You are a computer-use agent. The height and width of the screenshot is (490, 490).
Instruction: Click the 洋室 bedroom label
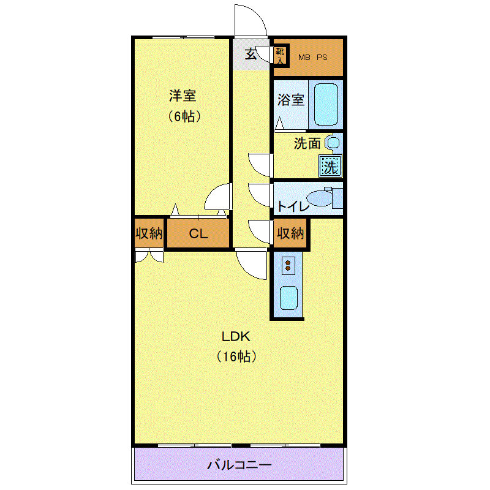coord(183,96)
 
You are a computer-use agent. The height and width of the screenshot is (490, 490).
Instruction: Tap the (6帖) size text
coord(184,116)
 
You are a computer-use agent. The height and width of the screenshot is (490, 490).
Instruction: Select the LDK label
coord(236,336)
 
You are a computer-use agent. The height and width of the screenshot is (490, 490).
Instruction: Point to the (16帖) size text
coord(236,356)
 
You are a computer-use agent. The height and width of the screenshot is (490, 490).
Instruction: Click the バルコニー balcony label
coord(239,465)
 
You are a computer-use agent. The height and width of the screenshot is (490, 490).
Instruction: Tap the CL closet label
coord(198,233)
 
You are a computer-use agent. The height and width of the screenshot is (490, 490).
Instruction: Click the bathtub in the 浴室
coord(326,104)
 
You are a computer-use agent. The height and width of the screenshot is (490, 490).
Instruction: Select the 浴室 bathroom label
coord(290,100)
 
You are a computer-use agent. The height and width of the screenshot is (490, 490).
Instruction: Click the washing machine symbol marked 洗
coord(330,166)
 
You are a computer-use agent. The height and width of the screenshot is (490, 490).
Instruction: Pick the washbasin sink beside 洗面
coord(333,143)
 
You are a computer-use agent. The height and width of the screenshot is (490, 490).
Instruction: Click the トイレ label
coord(293,206)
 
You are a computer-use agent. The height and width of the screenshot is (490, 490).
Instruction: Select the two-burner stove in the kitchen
coord(288,266)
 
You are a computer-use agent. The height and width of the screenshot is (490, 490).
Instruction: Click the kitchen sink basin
coord(288,298)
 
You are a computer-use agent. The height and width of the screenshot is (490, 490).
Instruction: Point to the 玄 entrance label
coord(251,54)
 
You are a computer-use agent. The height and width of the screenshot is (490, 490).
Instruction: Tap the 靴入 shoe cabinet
coord(281,56)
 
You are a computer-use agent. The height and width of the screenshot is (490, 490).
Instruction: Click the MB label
coord(304,58)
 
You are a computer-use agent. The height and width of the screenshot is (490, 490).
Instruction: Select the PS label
coord(322,58)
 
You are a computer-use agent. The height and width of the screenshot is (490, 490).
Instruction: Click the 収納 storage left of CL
coord(149,233)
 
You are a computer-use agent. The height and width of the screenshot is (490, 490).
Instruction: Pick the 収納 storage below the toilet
coord(290,233)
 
